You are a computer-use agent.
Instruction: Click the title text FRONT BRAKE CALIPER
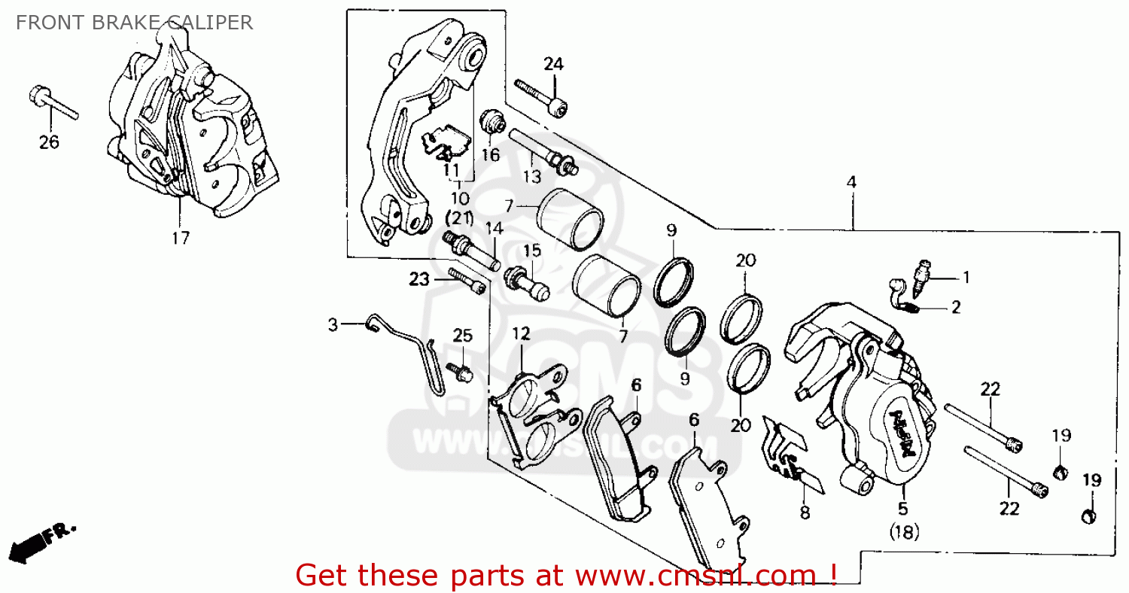tap(134, 22)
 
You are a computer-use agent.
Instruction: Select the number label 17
tap(180, 239)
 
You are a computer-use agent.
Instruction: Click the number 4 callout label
tap(851, 182)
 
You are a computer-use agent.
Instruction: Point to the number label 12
tap(521, 333)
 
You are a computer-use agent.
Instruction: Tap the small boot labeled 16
tap(491, 120)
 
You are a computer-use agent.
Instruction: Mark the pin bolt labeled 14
tap(474, 251)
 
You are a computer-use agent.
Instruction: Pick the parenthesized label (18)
tap(904, 532)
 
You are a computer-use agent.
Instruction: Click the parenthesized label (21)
tap(459, 219)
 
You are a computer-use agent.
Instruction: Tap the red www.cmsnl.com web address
tap(695, 576)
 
